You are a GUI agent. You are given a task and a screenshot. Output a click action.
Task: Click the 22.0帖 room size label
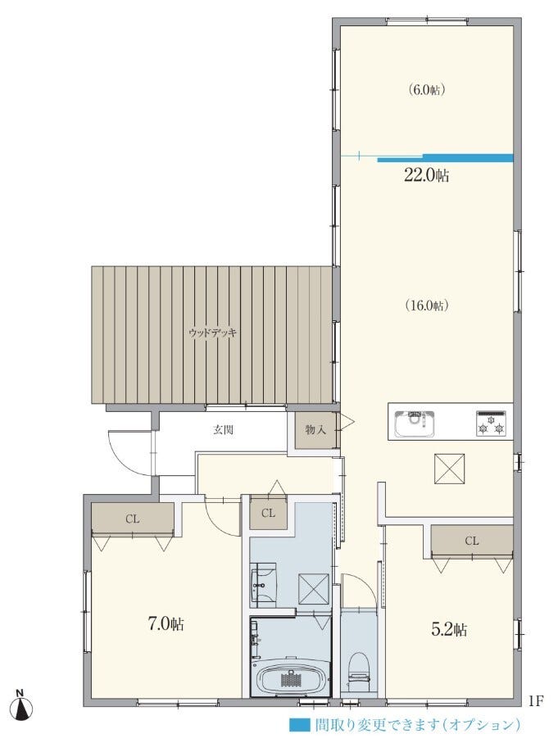426,176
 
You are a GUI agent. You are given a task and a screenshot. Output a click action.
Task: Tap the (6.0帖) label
426,90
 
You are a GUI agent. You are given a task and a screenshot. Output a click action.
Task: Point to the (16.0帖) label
427,306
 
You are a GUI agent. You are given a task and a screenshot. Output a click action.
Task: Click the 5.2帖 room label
448,629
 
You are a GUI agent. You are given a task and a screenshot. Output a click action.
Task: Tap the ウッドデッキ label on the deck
212,333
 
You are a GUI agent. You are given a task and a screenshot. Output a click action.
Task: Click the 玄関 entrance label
222,430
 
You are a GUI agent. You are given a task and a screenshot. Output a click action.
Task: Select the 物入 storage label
315,430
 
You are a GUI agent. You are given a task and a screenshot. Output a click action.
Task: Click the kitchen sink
415,423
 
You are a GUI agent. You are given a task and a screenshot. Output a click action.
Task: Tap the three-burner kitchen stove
491,424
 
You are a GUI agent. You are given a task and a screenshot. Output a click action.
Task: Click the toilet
358,667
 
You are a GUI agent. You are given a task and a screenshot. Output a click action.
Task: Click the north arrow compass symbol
22,706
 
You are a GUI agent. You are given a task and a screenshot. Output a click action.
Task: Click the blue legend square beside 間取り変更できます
300,724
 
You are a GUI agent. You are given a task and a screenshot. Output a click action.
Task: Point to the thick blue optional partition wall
446,158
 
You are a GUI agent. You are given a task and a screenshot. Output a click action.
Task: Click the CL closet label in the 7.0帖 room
133,519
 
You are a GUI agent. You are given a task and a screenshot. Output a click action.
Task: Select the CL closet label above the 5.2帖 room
472,541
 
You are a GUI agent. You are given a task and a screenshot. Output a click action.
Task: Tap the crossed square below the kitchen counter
450,469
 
